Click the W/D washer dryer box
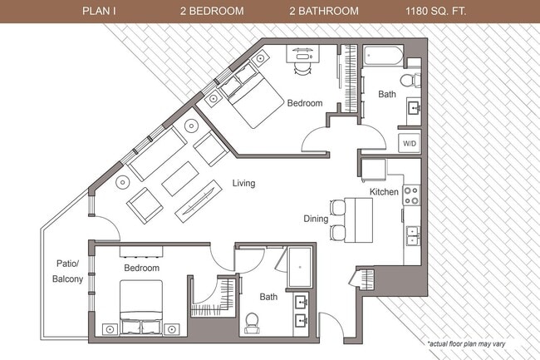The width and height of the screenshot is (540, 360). click(x=410, y=142)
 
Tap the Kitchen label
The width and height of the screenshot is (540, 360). click(x=384, y=192)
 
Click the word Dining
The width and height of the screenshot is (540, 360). click(x=317, y=219)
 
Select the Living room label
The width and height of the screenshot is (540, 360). click(x=243, y=183)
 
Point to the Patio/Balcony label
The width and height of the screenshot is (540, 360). click(x=67, y=272)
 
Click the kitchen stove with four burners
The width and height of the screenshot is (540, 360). click(x=411, y=195)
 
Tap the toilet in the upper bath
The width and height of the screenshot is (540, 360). click(x=408, y=80)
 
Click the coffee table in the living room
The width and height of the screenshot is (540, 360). click(x=179, y=178)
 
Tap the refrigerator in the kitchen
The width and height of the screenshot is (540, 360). click(x=374, y=170)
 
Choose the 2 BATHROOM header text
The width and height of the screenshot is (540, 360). click(x=324, y=11)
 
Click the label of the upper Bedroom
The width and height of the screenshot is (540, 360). click(x=304, y=103)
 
